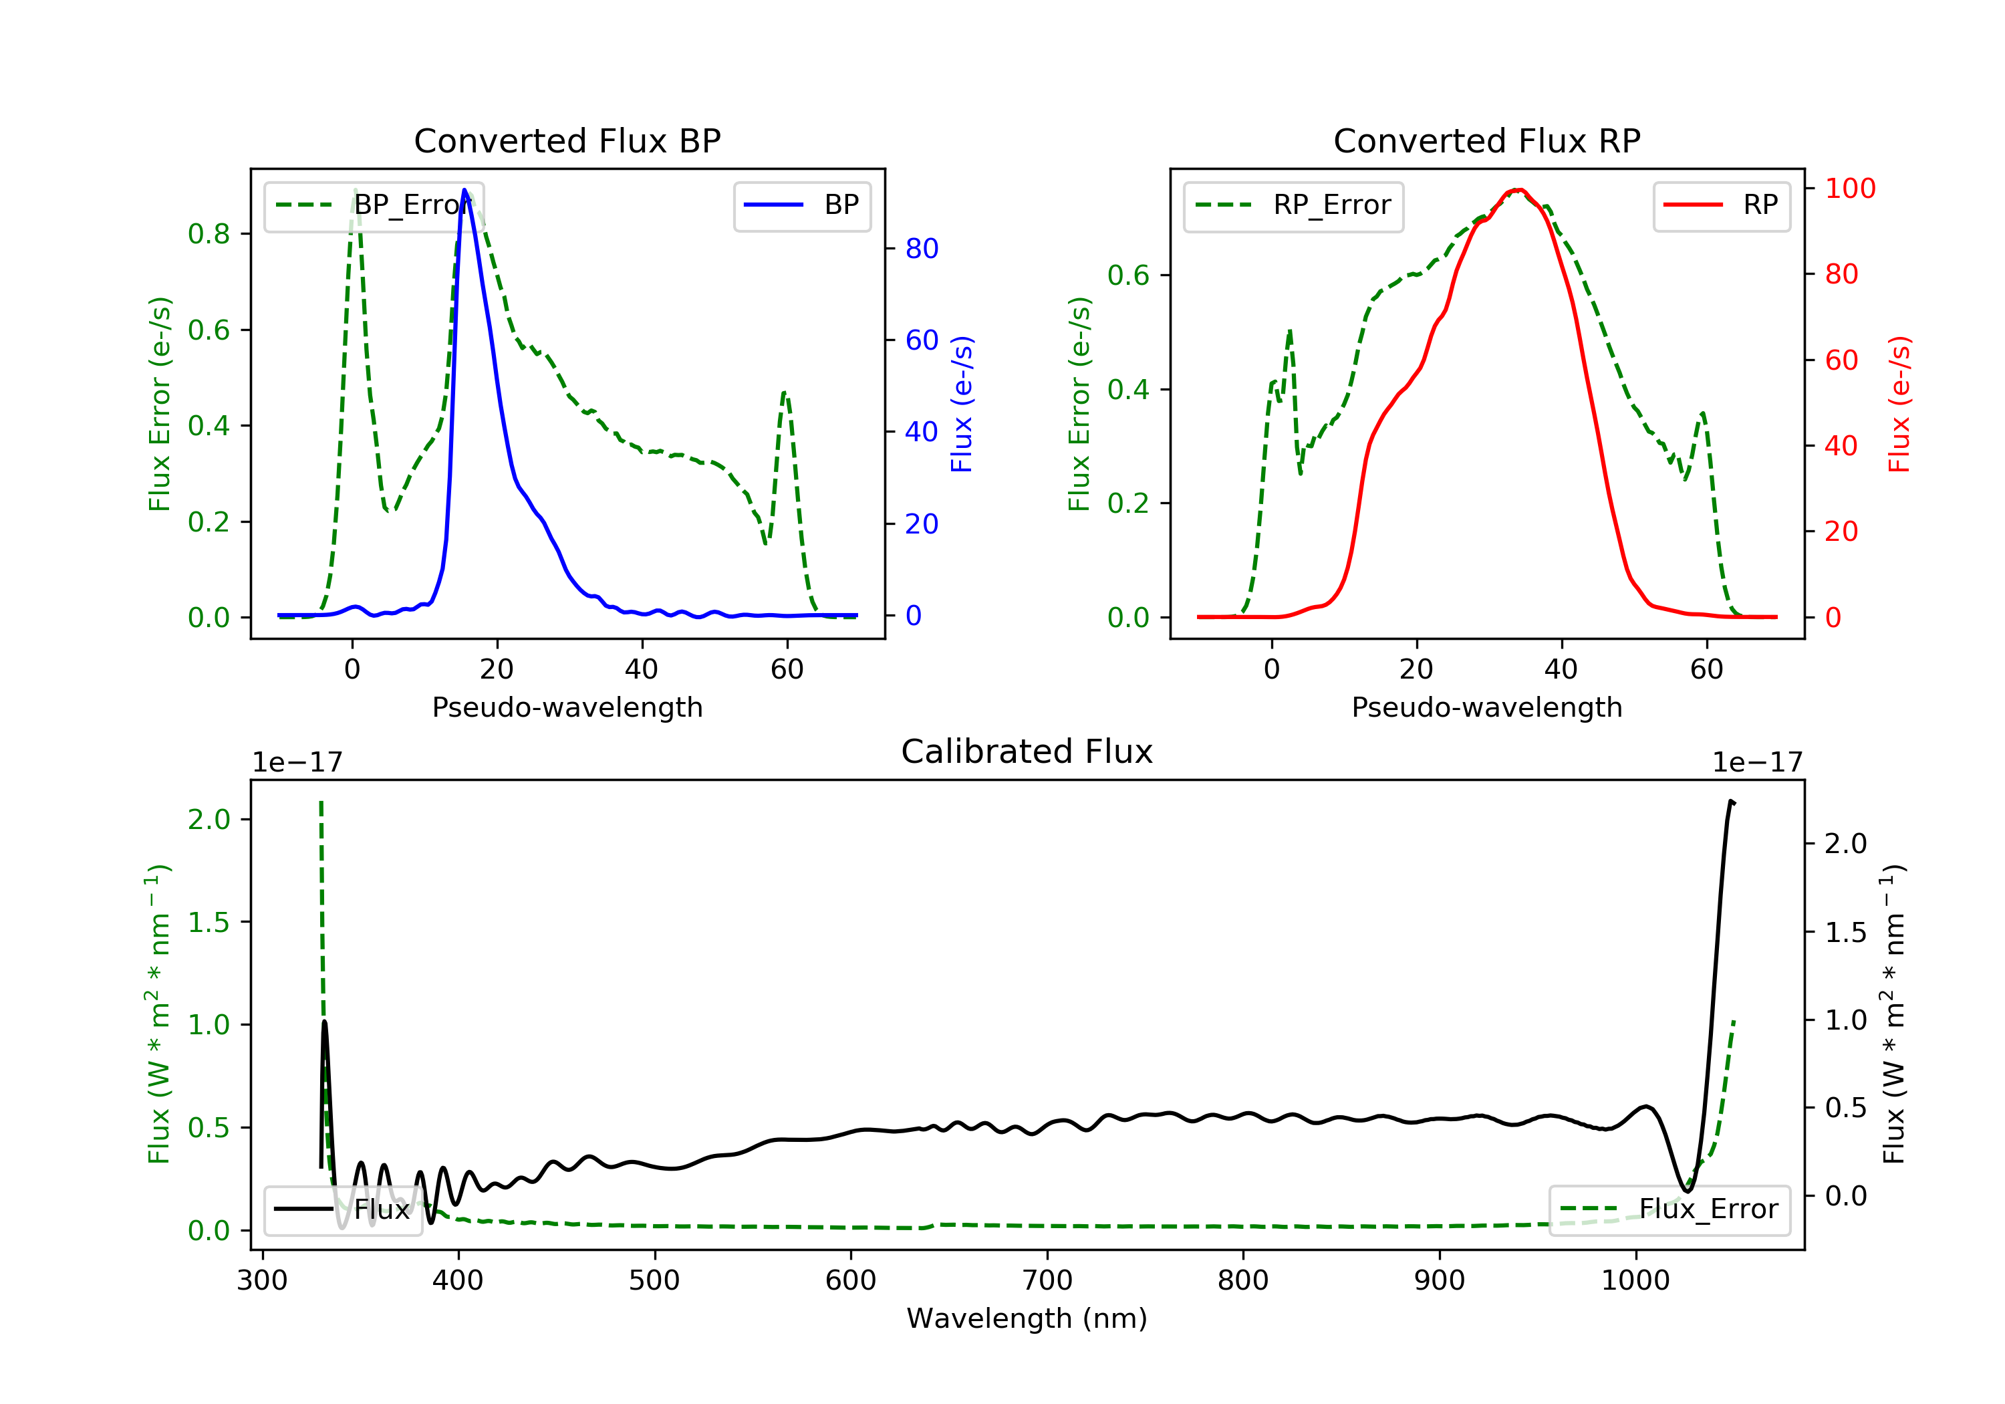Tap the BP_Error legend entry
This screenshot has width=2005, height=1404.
click(x=374, y=205)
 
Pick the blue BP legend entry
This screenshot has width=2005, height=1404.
click(x=801, y=205)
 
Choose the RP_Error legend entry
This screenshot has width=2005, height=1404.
click(x=1293, y=205)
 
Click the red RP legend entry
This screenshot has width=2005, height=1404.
click(x=1721, y=205)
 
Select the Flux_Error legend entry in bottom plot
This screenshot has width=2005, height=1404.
click(x=1669, y=1209)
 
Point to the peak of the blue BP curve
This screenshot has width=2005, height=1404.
click(x=464, y=190)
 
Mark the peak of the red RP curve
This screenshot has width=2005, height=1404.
click(x=1520, y=190)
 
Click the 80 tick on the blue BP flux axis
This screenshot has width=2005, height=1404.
click(x=921, y=249)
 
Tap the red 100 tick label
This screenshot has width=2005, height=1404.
click(x=1849, y=189)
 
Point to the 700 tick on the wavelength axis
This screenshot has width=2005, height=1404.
click(x=1047, y=1281)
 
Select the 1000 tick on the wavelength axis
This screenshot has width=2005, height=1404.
click(x=1635, y=1281)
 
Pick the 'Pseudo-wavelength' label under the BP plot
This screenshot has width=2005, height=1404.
click(x=567, y=707)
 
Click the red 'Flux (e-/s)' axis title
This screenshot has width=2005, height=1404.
click(x=1899, y=404)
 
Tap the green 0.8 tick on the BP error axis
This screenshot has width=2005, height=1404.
click(x=209, y=234)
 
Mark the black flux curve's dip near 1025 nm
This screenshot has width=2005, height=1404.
click(x=1686, y=1190)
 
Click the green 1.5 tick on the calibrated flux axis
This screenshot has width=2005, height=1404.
click(x=209, y=923)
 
